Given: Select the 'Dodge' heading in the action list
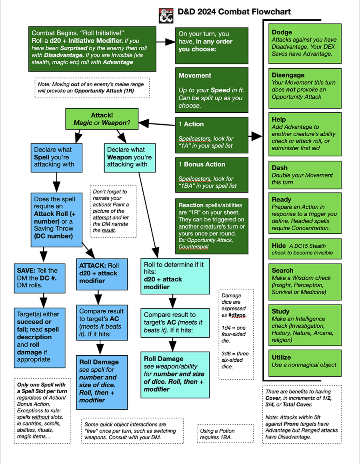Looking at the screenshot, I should tap(282, 32).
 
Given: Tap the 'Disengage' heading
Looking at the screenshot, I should tap(288, 75).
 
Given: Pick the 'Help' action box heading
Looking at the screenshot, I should tap(279, 119).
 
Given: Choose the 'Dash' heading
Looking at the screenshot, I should tap(280, 168).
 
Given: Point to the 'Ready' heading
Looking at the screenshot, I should tap(282, 199).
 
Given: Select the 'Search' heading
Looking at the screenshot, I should tap(282, 271).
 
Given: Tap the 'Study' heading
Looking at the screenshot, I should tap(280, 311).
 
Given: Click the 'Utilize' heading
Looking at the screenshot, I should tap(281, 357).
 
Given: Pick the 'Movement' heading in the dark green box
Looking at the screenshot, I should tap(195, 76).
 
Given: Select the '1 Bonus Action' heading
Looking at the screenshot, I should tap(202, 164).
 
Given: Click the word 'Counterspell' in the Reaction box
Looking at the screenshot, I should tap(193, 247).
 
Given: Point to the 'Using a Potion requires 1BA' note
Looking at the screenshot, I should tap(225, 434).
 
